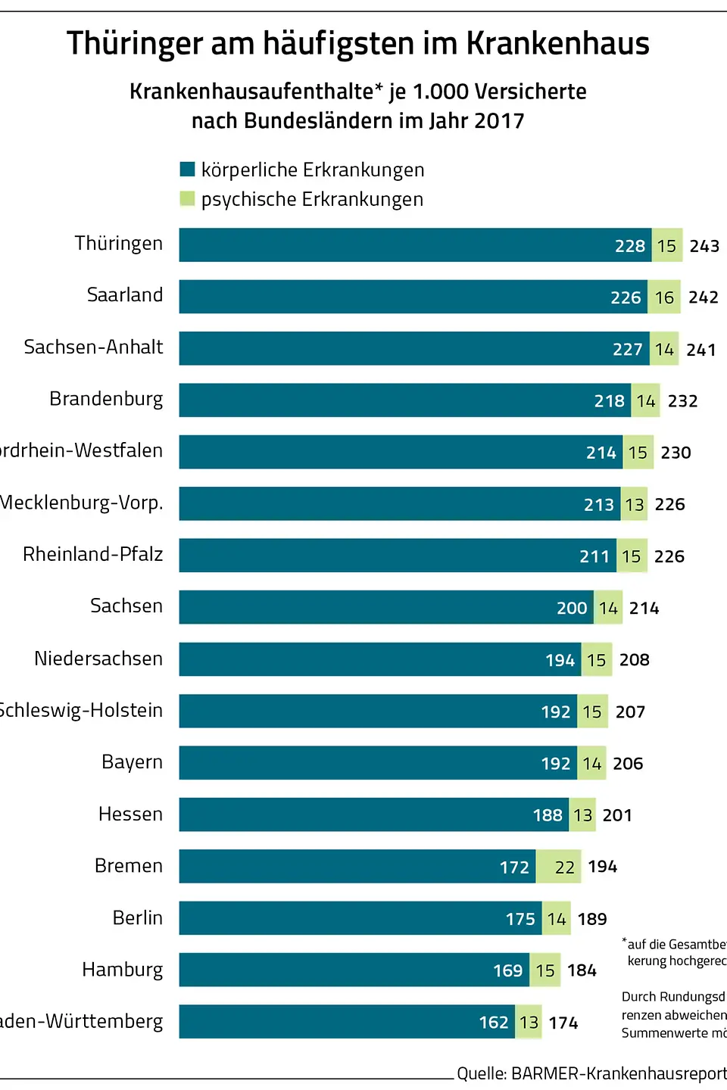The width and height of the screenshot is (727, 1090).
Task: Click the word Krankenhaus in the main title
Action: click(x=557, y=44)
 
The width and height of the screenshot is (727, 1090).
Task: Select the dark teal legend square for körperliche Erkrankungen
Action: click(x=187, y=169)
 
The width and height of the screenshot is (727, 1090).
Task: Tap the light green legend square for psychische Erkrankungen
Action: click(x=187, y=198)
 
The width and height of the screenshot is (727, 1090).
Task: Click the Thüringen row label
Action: click(x=119, y=244)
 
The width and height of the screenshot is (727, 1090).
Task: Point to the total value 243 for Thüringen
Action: click(x=704, y=246)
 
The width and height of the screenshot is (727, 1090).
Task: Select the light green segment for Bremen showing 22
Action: click(x=559, y=867)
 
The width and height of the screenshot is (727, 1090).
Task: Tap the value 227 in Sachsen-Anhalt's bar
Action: click(x=628, y=350)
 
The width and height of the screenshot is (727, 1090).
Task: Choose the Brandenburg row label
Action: click(x=106, y=399)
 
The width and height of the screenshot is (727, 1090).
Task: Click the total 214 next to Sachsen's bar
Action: click(x=644, y=609)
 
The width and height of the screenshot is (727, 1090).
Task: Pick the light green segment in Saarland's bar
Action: click(x=664, y=297)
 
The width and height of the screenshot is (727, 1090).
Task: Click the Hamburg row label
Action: click(x=123, y=970)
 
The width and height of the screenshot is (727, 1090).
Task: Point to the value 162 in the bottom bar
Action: click(x=494, y=1023)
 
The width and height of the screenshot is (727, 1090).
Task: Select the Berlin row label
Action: click(x=138, y=918)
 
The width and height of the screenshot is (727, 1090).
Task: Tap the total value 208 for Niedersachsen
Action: click(x=635, y=660)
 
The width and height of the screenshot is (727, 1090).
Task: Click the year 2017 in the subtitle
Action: click(x=499, y=121)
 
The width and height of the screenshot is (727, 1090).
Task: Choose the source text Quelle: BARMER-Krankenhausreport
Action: click(x=591, y=1073)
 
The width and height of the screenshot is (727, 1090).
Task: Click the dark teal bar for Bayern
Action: click(x=356, y=763)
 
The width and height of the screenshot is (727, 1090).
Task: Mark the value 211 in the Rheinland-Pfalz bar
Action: click(x=594, y=557)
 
